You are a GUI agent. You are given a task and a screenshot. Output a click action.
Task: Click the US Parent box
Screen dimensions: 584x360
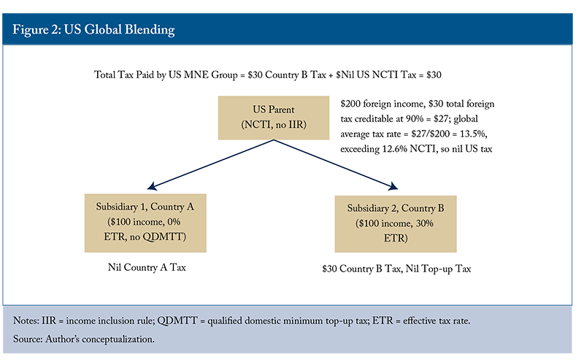tap(273, 118)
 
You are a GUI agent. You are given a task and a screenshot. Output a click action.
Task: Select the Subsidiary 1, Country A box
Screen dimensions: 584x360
tap(145, 223)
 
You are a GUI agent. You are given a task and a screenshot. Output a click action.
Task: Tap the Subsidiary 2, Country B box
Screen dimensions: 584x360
tap(396, 224)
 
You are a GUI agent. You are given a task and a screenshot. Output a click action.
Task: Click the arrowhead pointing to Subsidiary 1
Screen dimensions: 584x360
tap(152, 186)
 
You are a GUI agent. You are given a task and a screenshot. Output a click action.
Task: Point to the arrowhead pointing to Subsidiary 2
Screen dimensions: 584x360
tap(393, 185)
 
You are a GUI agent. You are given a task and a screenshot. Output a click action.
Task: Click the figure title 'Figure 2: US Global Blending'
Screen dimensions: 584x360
tap(93, 29)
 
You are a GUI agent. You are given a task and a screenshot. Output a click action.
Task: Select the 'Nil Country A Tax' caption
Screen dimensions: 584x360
tap(147, 267)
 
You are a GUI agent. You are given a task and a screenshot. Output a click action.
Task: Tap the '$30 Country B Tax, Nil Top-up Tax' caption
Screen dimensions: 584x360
tap(396, 269)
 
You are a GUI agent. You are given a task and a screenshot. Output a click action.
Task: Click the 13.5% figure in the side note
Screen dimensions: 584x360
tap(473, 134)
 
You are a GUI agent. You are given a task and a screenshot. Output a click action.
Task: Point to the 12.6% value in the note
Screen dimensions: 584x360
tap(393, 149)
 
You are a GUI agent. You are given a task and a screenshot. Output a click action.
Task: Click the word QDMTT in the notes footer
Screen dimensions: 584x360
tap(177, 321)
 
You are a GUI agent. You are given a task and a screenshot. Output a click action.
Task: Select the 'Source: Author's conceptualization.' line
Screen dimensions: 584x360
tap(84, 339)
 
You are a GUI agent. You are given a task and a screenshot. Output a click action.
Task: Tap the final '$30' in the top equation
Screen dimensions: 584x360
tap(434, 75)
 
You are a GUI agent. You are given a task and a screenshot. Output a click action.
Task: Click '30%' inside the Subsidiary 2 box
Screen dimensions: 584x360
tap(425, 223)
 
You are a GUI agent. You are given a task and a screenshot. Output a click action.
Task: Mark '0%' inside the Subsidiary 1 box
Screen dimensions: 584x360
tap(174, 222)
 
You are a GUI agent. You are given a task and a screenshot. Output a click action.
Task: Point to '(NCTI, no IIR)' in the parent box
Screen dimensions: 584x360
tap(274, 124)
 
